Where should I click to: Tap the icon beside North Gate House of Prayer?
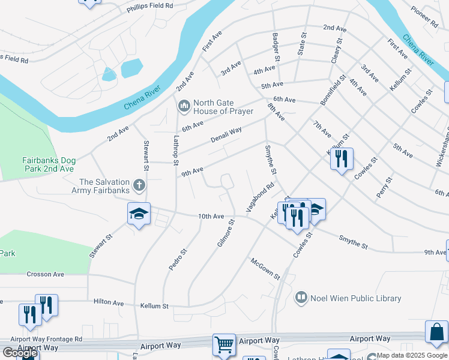184,107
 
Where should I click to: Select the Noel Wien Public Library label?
355,298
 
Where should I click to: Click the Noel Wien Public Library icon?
301,298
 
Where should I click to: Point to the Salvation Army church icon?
139,185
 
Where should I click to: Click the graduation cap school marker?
138,214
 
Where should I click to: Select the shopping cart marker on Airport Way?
224,344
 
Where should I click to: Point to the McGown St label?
266,268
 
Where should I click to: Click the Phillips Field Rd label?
149,6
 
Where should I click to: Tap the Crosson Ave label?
45,274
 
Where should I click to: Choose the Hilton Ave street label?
109,301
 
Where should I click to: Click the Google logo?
19,353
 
